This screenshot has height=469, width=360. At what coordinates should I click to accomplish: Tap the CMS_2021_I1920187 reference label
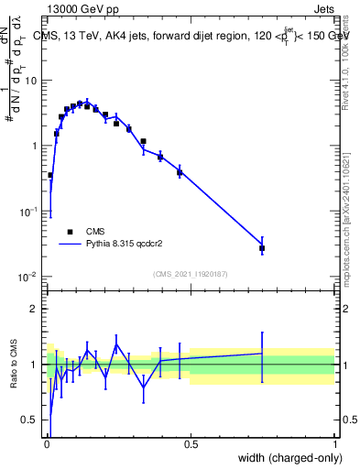coord(191,274)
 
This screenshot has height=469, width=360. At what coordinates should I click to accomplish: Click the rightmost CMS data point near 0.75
coord(262,248)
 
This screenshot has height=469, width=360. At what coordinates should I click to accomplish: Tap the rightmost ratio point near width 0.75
coord(262,354)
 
